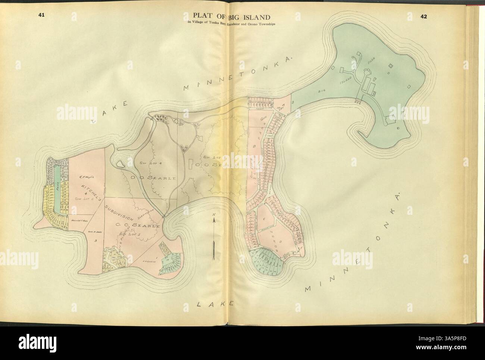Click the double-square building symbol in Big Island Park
coord(391,66)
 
